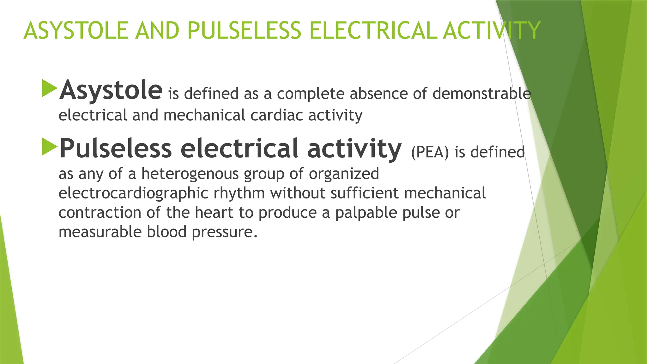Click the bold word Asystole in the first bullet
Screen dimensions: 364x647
(x=111, y=90)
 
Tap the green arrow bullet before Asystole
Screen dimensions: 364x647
(x=49, y=88)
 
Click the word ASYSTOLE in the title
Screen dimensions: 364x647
(x=76, y=31)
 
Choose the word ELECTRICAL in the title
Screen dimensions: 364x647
(x=373, y=31)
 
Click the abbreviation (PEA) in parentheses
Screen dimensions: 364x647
(x=430, y=152)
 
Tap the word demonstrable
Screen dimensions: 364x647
(x=481, y=94)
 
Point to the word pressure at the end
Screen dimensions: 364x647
(x=224, y=232)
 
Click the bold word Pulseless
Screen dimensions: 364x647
(x=116, y=149)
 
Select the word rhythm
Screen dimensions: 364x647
(x=239, y=193)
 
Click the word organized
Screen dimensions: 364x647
(x=344, y=173)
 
